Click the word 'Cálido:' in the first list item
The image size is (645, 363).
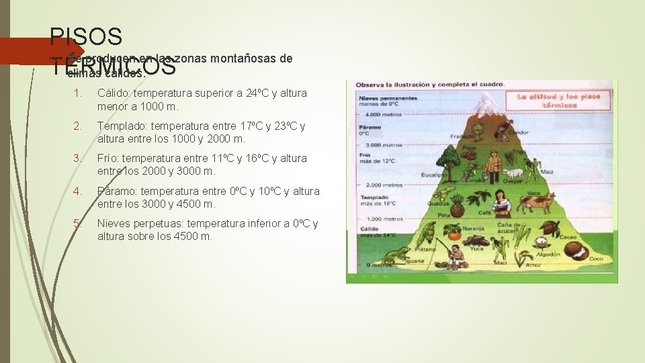114,93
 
